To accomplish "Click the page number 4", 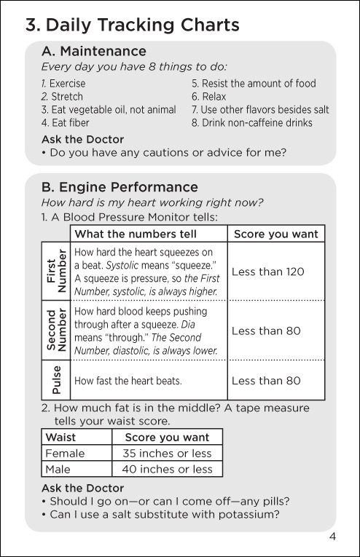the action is tap(332, 537).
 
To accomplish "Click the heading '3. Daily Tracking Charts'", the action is tap(133, 25).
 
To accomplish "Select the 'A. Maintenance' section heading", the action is tap(94, 51).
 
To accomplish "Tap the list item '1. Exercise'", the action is tap(63, 84).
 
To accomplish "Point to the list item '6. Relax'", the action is tap(209, 97).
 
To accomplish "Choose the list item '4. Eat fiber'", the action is tap(66, 123).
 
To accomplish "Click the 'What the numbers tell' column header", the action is tap(136, 234).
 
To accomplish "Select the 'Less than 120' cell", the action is tap(268, 272).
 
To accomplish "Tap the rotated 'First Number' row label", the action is tap(56, 271).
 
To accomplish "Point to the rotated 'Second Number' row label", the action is tap(56, 330).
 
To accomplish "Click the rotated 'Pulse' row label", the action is tap(56, 380).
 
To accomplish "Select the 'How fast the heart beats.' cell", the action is tap(128, 381).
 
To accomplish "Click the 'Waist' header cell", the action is tap(60, 437).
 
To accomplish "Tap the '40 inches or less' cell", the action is tap(167, 469).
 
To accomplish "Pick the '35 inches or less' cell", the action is tap(167, 454).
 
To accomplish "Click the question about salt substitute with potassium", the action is tap(160, 514).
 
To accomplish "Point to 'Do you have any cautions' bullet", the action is tap(164, 153).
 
